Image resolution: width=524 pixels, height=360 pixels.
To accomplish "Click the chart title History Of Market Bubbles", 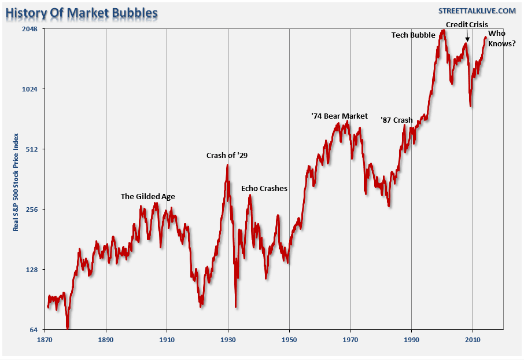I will (x=82, y=12).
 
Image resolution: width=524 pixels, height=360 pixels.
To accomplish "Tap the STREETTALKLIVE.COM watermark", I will (x=477, y=11).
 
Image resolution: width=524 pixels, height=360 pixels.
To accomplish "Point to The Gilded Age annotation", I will (x=147, y=196).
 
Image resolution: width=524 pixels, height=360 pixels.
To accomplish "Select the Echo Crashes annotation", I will (x=264, y=189).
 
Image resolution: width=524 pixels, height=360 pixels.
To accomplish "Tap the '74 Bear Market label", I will (x=339, y=116).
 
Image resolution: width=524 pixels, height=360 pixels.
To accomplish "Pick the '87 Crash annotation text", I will (x=397, y=120).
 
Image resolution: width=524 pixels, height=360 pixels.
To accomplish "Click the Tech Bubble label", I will (x=413, y=35).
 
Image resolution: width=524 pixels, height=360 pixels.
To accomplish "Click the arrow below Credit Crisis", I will (x=467, y=36).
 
